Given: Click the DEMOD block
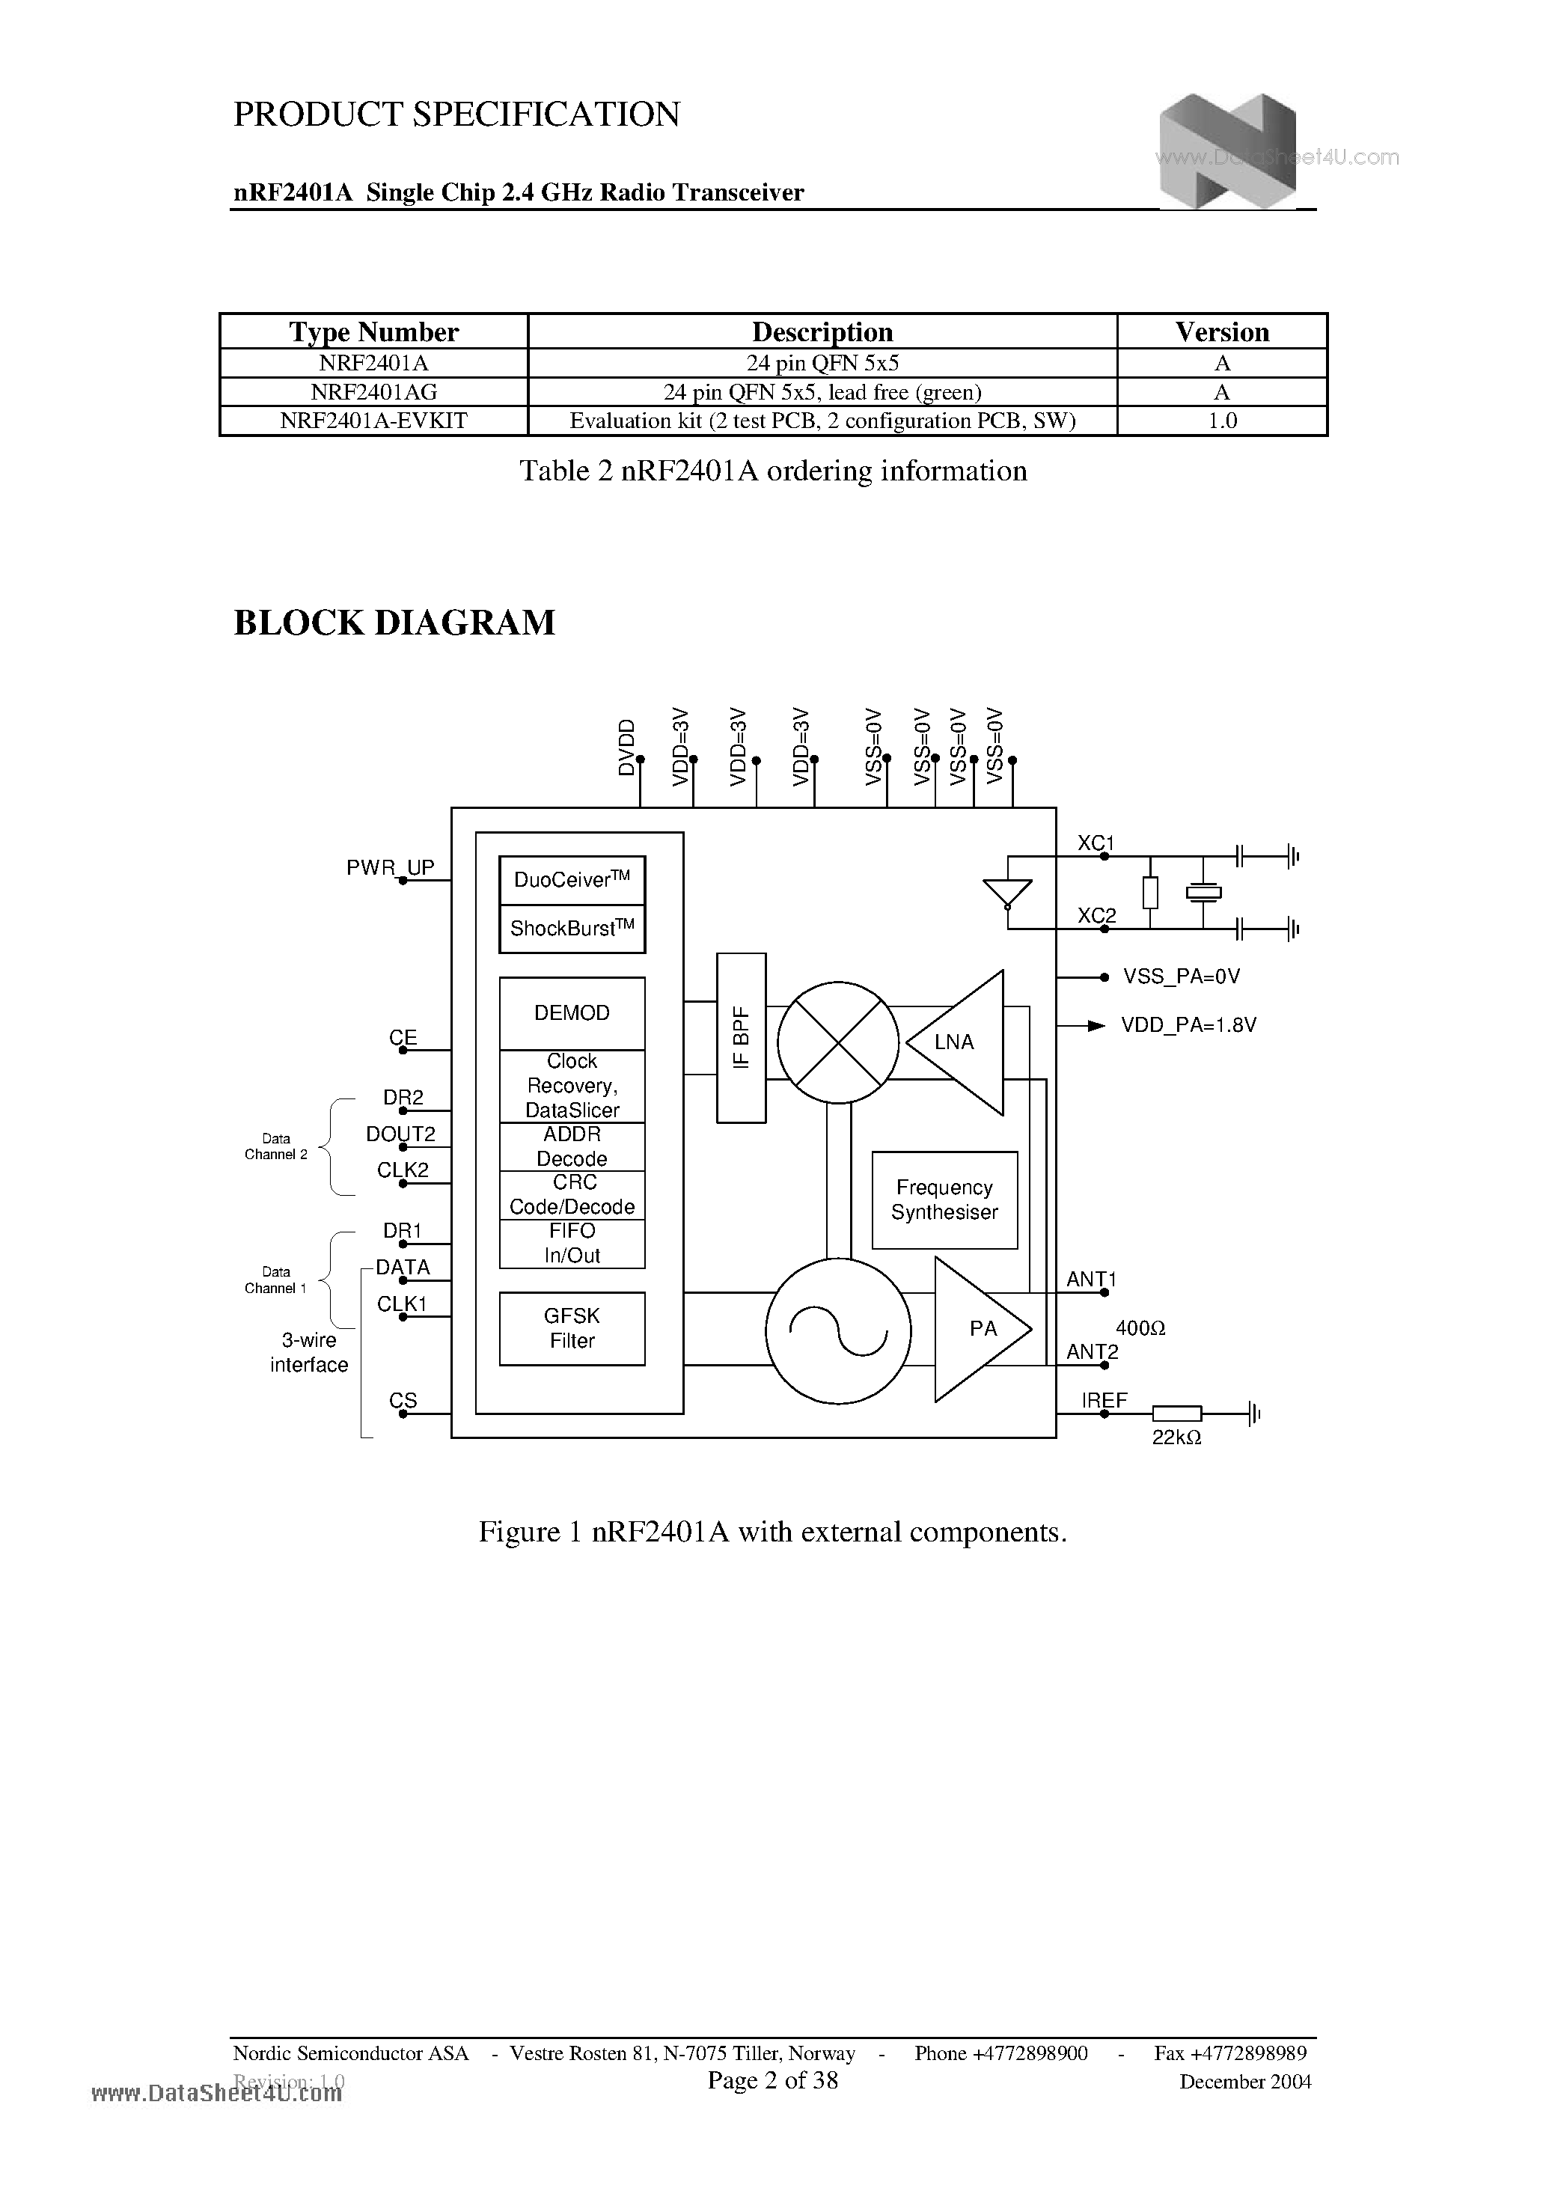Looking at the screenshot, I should coord(572,1013).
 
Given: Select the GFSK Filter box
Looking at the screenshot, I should coord(572,1328).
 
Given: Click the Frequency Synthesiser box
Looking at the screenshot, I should coord(944,1200).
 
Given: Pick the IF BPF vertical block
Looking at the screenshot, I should coord(742,1038).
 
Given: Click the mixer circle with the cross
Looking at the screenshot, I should coord(838,1042).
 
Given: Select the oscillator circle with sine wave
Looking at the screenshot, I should coord(838,1330).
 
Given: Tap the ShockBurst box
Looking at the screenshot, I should coord(572,928).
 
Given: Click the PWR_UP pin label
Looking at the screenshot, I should coord(390,867).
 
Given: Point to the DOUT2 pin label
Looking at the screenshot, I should coord(400,1134).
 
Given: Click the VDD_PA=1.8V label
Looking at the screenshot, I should coord(1188,1025).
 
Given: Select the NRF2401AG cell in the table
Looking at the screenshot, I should coord(373,391).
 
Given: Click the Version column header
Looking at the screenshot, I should coord(1222,331).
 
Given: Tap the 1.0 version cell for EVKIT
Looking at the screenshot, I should coord(1222,421).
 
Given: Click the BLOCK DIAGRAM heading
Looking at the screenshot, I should coord(394,623).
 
